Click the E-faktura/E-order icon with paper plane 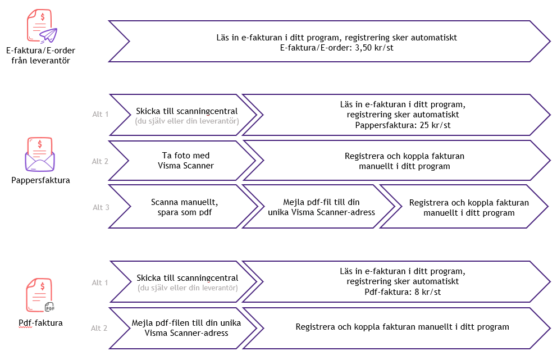tap(41, 27)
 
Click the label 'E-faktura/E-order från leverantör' tap(40, 55)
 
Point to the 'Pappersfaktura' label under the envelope tap(40, 180)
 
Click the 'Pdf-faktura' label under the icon tap(40, 323)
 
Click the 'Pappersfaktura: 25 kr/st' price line tap(403, 125)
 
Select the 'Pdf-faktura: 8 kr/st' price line tap(403, 291)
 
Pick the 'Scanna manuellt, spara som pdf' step tap(184, 207)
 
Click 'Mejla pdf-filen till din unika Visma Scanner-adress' tap(186, 327)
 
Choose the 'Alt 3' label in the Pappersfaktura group tap(101, 207)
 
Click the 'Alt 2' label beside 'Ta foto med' tap(100, 161)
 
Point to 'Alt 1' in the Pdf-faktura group tap(100, 282)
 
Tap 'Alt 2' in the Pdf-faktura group tap(99, 328)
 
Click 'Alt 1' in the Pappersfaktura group tap(100, 115)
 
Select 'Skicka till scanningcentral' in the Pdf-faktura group tap(187, 278)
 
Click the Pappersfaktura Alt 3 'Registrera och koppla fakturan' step tap(469, 207)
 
